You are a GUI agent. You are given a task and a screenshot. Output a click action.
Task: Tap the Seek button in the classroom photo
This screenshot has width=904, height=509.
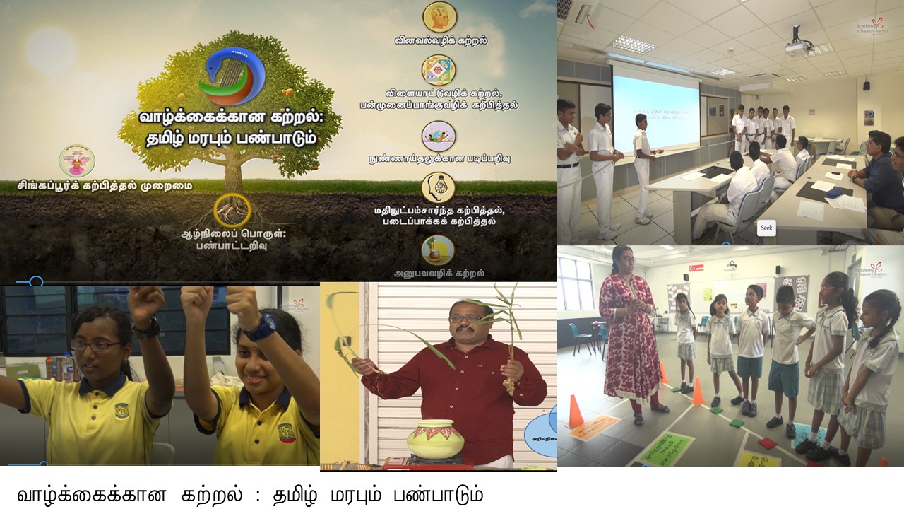[x=766, y=228]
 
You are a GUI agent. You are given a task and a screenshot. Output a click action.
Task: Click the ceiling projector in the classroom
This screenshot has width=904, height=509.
[x=798, y=46]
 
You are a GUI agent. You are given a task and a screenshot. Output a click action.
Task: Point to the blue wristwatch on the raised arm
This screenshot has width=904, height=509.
[x=263, y=326]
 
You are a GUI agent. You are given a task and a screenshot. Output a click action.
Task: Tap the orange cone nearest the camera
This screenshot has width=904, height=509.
[x=575, y=412]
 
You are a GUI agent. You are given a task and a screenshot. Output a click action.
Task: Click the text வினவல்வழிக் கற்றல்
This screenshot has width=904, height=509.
[x=441, y=41]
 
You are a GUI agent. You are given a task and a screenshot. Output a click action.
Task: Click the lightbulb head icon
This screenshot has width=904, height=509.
[x=438, y=187]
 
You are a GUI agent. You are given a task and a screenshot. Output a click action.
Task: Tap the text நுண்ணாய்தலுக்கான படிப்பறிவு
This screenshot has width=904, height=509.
[x=439, y=159]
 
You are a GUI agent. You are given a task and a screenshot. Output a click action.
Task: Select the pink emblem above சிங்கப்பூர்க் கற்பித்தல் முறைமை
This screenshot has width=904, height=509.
[x=76, y=161]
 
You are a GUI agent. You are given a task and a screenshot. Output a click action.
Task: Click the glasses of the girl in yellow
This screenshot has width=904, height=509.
[x=95, y=346]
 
